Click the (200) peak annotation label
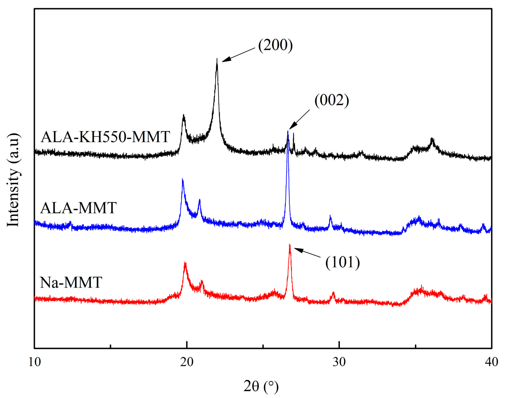(x=275, y=45)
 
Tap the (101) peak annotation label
(x=342, y=262)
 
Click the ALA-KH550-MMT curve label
(x=105, y=137)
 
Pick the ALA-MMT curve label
(x=79, y=208)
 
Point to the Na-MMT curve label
(x=71, y=282)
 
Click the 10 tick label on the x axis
(x=34, y=362)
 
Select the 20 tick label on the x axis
(x=187, y=362)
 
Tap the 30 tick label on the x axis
(x=339, y=362)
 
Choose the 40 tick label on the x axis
(x=491, y=362)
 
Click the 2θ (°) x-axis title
(x=261, y=386)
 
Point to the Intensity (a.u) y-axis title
(x=13, y=180)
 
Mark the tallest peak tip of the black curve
(x=217, y=59)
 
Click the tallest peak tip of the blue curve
(x=288, y=131)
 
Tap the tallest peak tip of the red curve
(x=290, y=245)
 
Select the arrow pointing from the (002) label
(x=299, y=119)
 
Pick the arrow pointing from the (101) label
(x=307, y=253)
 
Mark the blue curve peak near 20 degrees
(x=183, y=179)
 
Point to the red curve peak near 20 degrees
(x=185, y=263)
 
